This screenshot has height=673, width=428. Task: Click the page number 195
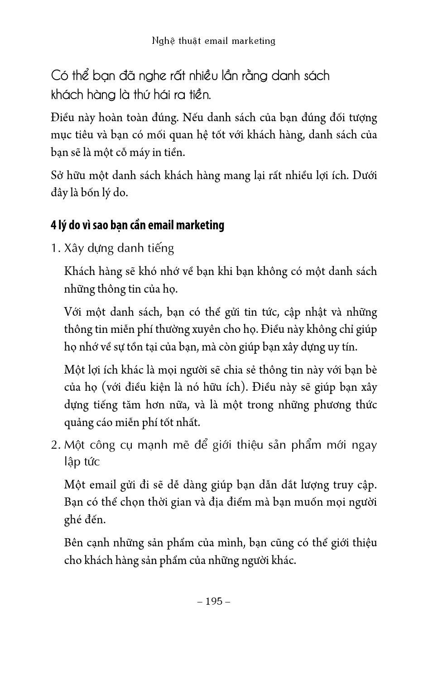214,601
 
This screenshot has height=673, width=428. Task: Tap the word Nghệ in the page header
164,41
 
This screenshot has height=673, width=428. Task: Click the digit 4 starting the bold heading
53,225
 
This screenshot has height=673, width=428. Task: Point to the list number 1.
55,248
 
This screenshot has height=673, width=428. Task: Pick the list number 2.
55,445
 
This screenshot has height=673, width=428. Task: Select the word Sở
57,175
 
